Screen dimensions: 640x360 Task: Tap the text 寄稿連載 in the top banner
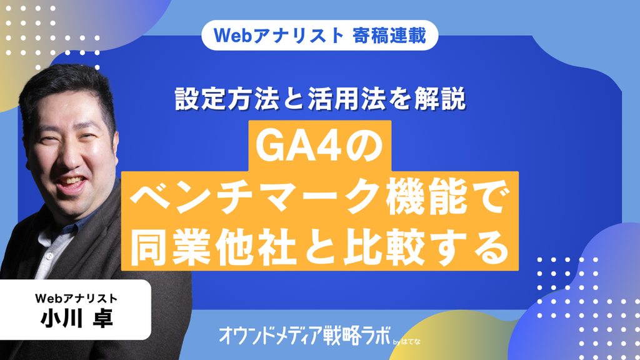389,35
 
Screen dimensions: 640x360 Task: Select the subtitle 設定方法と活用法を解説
320,99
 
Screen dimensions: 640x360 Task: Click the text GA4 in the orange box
299,146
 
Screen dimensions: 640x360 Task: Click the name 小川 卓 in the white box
76,318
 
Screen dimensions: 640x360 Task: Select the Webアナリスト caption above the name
76,298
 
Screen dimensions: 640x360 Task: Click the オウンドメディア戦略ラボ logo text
304,335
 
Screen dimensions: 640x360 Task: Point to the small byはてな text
406,342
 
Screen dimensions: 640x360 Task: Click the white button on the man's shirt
50,256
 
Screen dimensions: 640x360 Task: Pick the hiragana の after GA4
364,146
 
